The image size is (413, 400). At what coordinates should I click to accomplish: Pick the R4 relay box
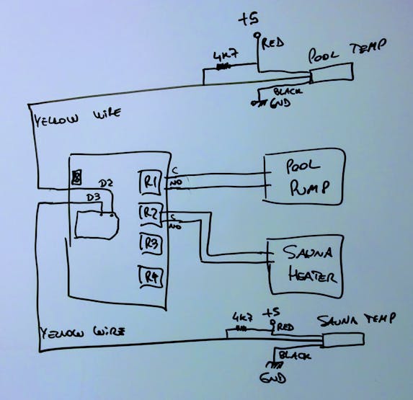(149, 275)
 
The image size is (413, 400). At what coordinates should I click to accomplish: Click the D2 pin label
(105, 184)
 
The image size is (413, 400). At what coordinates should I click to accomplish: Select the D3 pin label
(92, 196)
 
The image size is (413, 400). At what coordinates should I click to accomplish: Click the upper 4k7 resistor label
(221, 55)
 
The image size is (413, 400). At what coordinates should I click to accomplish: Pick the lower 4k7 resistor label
(241, 316)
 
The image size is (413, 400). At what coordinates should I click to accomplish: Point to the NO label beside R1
(174, 186)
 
